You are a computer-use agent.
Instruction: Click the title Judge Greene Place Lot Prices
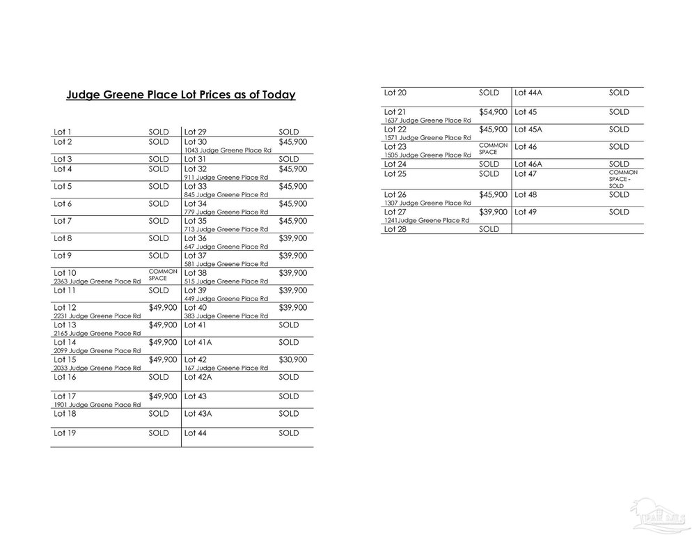181,95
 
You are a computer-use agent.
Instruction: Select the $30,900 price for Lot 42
292,359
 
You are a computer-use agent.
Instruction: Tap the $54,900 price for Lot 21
493,111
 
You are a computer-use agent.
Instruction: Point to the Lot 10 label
65,272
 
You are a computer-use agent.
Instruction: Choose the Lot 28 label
395,229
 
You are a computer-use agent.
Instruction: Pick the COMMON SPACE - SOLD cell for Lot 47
622,179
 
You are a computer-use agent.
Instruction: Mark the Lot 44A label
528,92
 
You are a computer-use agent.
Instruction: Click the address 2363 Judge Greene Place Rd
97,281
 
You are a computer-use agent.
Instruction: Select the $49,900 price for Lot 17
163,396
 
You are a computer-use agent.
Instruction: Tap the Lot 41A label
198,342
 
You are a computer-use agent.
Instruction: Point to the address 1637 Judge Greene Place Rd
427,121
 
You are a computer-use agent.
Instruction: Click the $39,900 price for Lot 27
493,212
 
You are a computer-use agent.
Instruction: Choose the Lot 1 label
63,132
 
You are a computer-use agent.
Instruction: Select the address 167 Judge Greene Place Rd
224,368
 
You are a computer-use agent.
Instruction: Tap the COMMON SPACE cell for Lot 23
489,148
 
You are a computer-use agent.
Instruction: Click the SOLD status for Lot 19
159,433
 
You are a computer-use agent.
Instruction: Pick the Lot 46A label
528,164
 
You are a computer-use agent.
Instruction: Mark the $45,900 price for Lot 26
493,194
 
